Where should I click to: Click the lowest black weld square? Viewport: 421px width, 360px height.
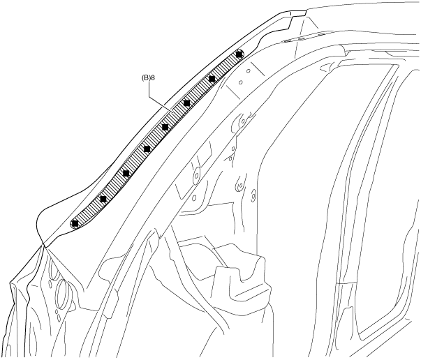pos(75,223)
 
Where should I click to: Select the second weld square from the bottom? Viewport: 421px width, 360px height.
pos(103,199)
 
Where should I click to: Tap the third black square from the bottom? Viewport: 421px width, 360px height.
pos(126,173)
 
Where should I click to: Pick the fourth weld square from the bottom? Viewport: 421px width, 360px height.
pos(147,149)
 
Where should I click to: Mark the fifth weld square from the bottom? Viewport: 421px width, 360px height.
pos(165,127)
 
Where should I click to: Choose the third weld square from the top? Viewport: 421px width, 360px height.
pos(187,103)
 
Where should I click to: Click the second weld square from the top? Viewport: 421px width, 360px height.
pos(212,79)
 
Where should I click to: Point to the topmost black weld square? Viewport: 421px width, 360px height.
pos(239,54)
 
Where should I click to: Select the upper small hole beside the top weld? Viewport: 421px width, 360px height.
pos(245,70)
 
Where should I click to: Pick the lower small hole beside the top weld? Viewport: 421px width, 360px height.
pos(239,82)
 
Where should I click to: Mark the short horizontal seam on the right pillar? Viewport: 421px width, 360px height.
pos(346,282)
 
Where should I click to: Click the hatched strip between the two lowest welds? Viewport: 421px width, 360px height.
pos(89,211)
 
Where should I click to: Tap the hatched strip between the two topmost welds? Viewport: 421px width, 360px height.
pos(226,66)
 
